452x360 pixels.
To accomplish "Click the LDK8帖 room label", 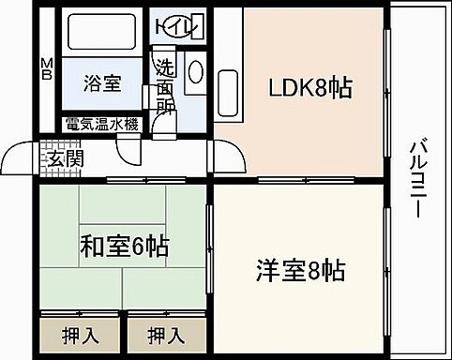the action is pyautogui.click(x=312, y=89).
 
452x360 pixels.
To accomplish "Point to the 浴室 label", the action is pyautogui.click(x=101, y=82).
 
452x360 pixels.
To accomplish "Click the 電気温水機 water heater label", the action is pyautogui.click(x=102, y=124).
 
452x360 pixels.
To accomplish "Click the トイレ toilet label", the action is pyautogui.click(x=179, y=23).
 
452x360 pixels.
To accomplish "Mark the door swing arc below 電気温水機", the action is pyautogui.click(x=128, y=150).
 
